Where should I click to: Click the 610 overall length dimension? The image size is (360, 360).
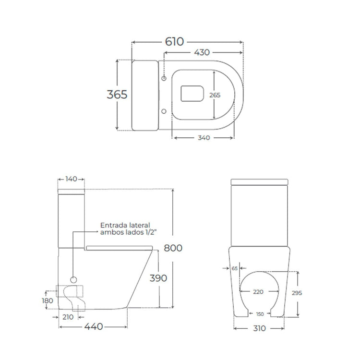pos(174,42)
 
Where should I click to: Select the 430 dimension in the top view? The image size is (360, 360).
pos(201,53)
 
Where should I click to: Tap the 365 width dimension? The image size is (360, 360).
pos(117,95)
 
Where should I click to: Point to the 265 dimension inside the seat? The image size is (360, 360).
pos(215,95)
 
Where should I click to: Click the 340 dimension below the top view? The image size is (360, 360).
pos(204,138)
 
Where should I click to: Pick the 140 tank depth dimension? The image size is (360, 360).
pos(71,179)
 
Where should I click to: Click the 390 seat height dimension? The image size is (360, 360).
pos(157,278)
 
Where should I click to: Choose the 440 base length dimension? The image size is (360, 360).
pos(94,327)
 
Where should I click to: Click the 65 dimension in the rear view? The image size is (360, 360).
pos(235,268)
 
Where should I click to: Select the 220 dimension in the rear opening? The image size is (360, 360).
pos(258,291)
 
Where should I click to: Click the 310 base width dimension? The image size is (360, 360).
pos(259,328)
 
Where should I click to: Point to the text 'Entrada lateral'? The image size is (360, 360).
pos(125,225)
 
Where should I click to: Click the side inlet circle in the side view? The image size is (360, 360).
pos(73,279)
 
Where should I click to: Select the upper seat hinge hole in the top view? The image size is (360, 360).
pos(164,78)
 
